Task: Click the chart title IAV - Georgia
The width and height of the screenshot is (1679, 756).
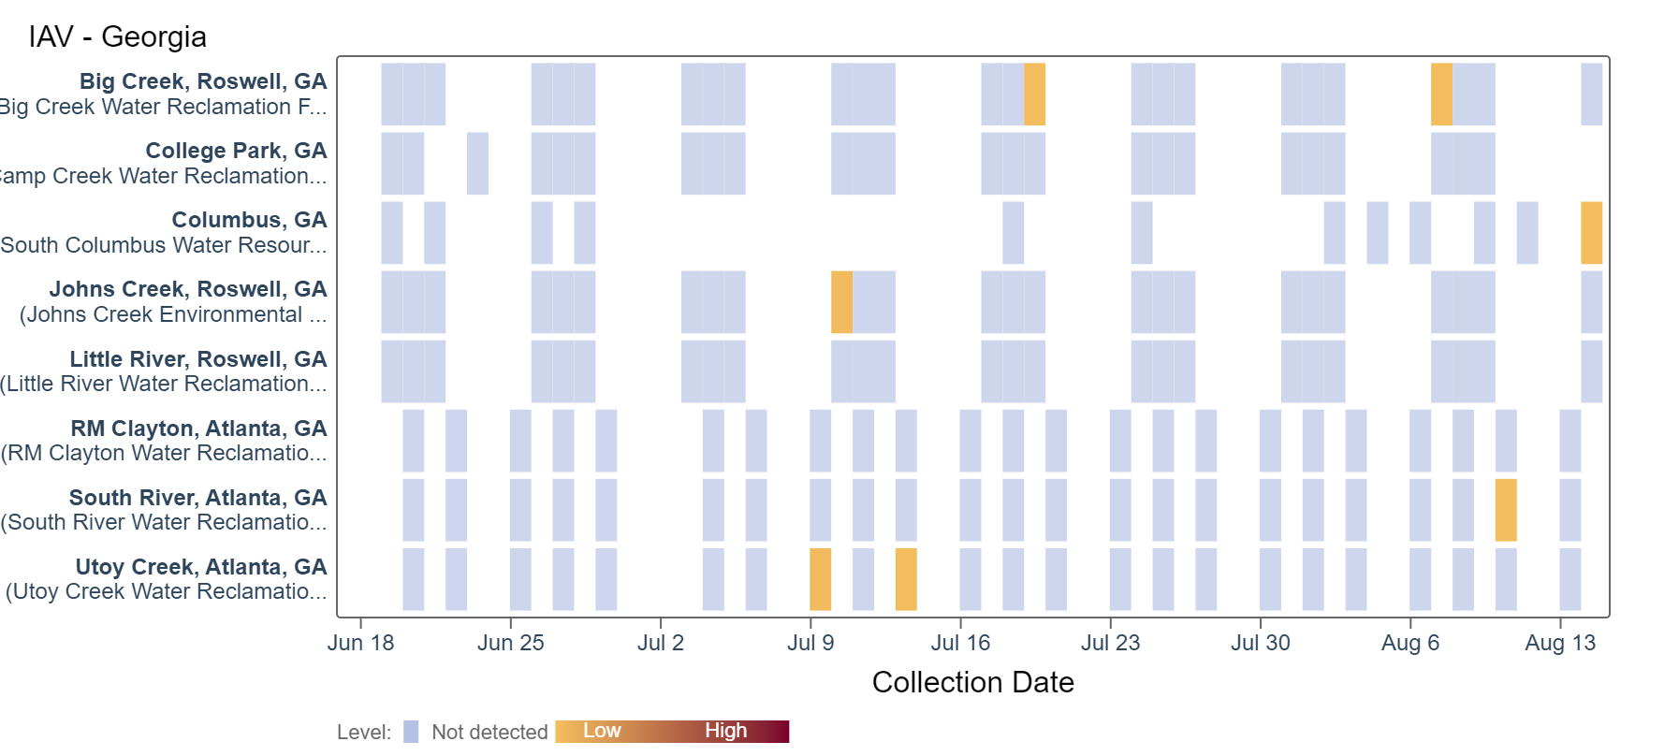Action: [117, 36]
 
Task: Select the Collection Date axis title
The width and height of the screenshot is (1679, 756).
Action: [972, 682]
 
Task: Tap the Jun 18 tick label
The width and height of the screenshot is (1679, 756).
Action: [360, 643]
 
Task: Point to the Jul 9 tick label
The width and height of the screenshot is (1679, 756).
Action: [810, 643]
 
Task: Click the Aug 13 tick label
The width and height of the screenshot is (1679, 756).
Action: [1559, 643]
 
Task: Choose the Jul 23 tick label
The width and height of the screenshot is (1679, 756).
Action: [1110, 643]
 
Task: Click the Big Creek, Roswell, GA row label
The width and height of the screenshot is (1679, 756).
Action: [203, 81]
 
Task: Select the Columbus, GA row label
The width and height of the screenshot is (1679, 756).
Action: [249, 220]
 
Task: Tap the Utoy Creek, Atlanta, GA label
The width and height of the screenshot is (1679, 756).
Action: [201, 567]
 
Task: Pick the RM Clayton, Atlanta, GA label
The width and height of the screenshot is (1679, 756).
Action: [198, 429]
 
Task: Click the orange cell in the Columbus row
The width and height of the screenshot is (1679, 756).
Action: [1591, 233]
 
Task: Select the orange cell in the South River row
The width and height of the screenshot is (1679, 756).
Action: [1505, 510]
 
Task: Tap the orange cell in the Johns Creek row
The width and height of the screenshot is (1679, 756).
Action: [841, 302]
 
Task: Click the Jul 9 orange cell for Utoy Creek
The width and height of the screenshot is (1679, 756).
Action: [820, 579]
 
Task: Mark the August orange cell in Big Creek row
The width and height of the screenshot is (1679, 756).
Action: [1441, 94]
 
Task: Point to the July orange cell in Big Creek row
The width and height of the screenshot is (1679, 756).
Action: [1034, 94]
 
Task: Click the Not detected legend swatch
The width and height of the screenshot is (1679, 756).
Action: [411, 732]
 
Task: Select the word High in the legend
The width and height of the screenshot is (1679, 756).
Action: [725, 731]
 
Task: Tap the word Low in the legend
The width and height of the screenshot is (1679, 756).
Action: [602, 731]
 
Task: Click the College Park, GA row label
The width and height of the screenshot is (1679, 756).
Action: [236, 151]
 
